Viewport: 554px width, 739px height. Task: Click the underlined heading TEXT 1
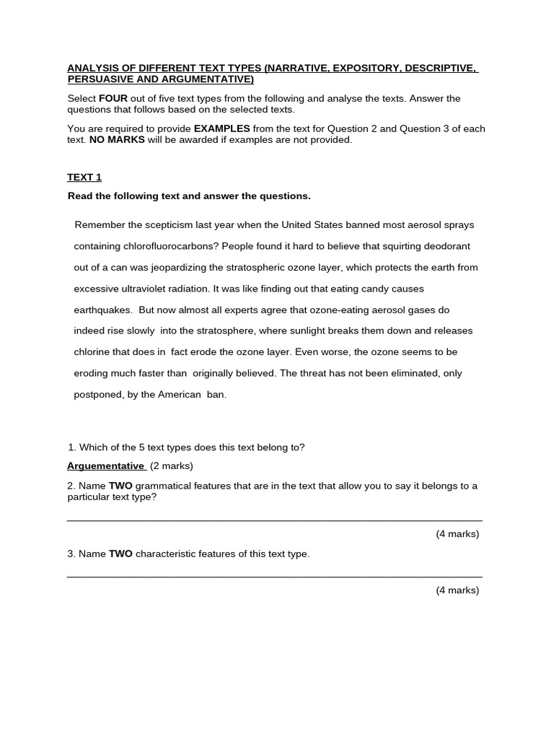[x=85, y=178]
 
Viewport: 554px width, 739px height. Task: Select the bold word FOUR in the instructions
[x=113, y=98]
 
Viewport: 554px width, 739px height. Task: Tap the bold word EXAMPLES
[x=217, y=128]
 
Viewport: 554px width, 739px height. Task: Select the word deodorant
[x=447, y=246]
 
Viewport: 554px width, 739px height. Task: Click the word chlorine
[x=92, y=352]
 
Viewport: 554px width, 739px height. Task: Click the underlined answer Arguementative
[x=106, y=466]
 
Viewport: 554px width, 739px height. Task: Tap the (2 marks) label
[x=172, y=466]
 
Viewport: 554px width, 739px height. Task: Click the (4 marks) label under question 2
[x=457, y=535]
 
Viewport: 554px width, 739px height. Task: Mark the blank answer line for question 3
[x=274, y=576]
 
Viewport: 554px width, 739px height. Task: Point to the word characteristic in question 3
[x=170, y=554]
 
